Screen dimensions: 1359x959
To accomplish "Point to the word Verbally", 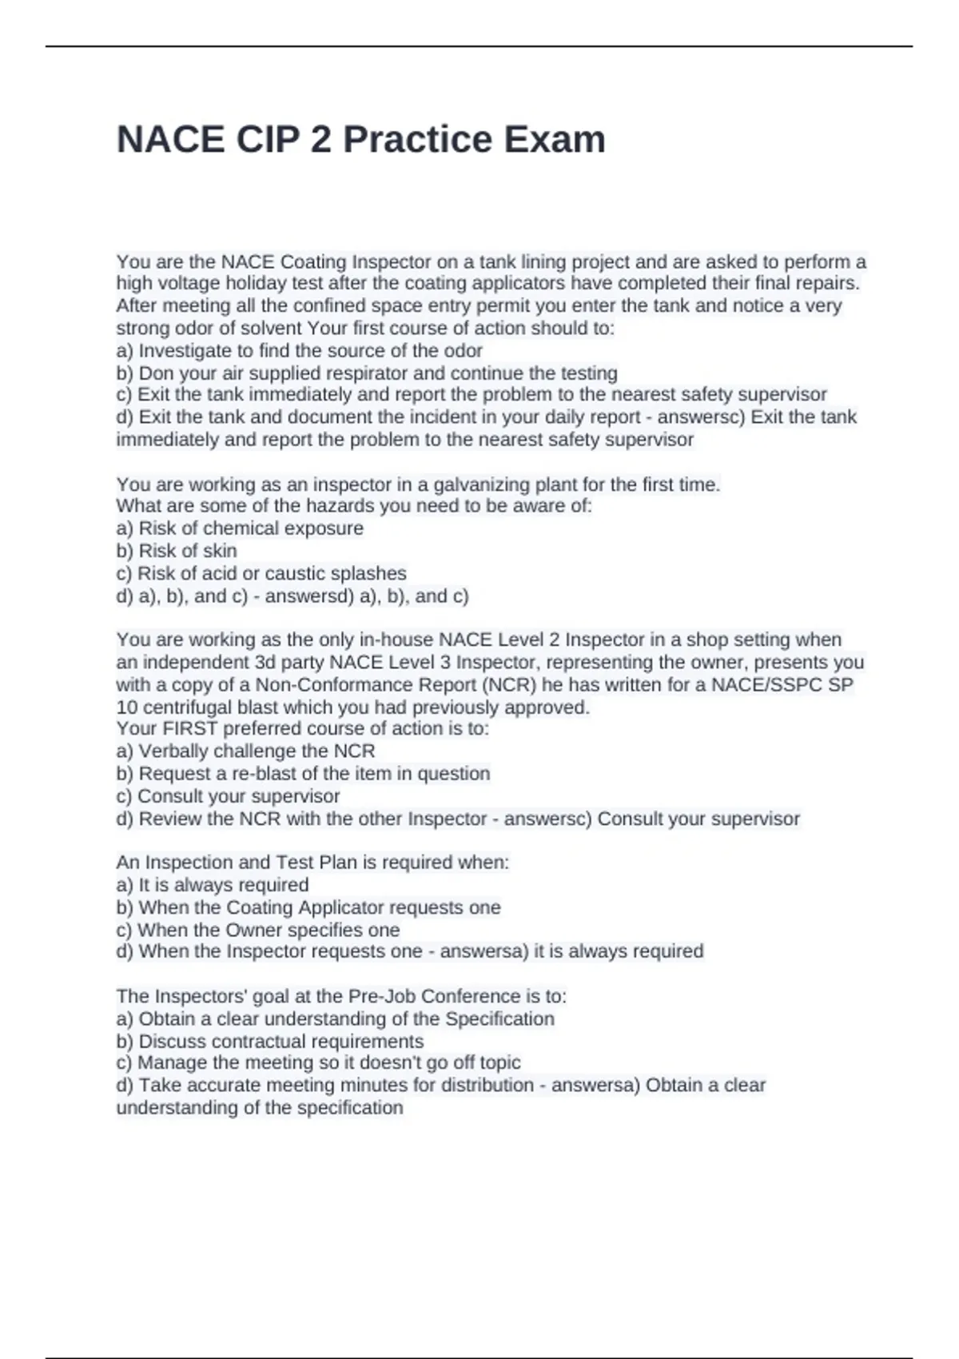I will point(173,751).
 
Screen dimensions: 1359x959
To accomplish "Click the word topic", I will point(499,1062).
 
